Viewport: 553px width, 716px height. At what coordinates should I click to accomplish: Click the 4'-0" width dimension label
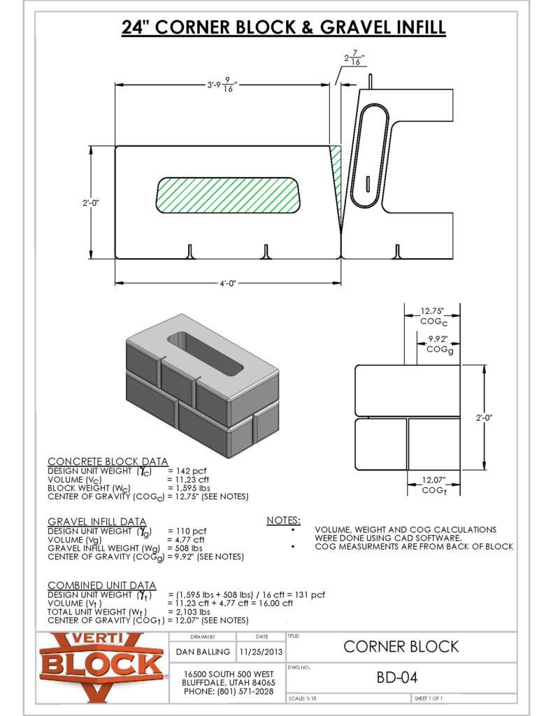[x=227, y=283]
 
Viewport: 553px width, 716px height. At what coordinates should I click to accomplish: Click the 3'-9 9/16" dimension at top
[x=222, y=85]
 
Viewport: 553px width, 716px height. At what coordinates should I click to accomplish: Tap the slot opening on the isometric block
[x=204, y=350]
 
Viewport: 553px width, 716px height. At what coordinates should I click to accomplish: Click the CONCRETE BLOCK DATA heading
[x=108, y=461]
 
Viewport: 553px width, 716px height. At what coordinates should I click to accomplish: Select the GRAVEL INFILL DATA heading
[x=97, y=522]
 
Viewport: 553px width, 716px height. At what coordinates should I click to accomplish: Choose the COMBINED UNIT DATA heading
[x=102, y=585]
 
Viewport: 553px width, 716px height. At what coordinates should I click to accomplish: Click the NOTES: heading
[x=284, y=520]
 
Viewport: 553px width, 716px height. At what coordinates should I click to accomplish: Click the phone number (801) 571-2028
[x=228, y=691]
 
